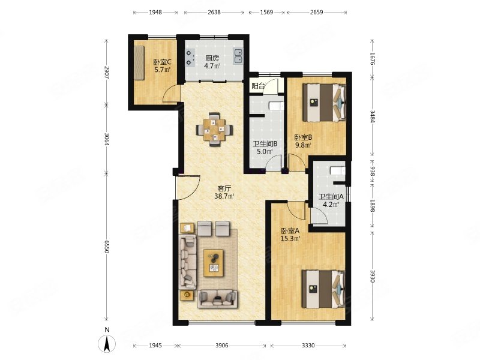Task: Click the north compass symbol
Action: pos(107,343)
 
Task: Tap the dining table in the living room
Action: pos(215,130)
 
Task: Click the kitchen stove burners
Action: pos(190,58)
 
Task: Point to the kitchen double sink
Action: pos(238,56)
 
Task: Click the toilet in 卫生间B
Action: pos(277,106)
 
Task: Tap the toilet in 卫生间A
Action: pos(338,170)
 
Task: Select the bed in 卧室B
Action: pos(324,103)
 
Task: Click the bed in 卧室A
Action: pos(323,289)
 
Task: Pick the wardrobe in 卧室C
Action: pos(139,63)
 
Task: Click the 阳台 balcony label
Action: pos(258,86)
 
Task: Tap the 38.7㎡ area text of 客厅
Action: pos(224,196)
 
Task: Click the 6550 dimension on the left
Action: pos(106,247)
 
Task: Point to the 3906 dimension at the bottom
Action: pos(221,346)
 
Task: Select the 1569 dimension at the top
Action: pos(266,12)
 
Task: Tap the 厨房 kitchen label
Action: pos(212,58)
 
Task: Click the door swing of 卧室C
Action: pos(169,93)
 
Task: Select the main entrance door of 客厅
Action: pos(188,187)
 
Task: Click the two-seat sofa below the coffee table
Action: pos(217,298)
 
